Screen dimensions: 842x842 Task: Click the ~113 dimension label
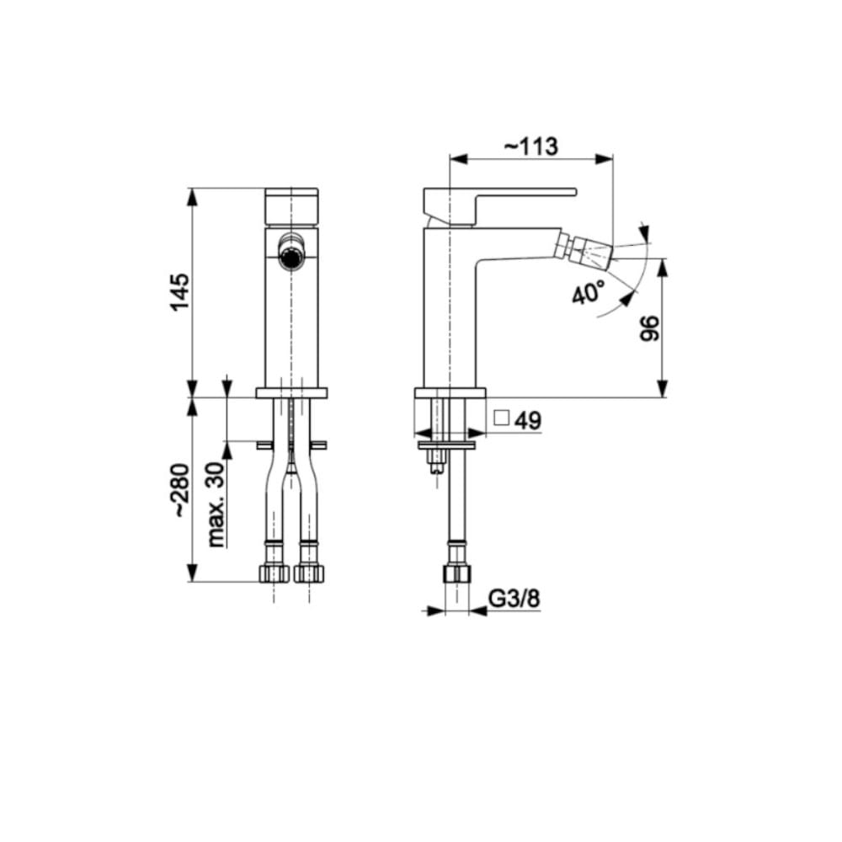point(531,146)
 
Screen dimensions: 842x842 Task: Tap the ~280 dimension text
point(181,490)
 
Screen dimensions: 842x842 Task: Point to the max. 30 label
point(216,504)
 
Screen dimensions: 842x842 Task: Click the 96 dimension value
point(649,328)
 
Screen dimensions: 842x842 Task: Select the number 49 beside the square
point(528,420)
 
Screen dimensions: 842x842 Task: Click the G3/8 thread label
point(514,598)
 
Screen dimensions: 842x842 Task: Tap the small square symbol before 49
point(501,418)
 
